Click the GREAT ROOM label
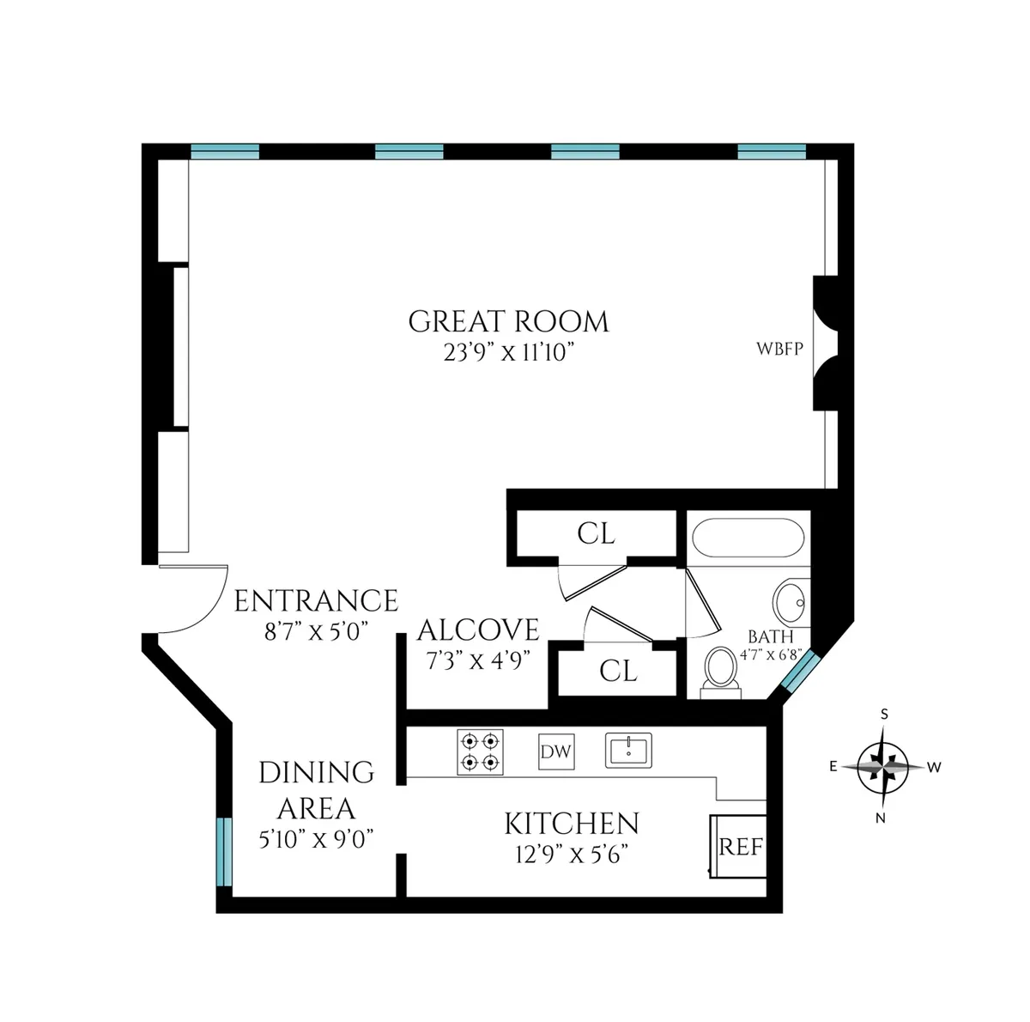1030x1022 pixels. (x=508, y=322)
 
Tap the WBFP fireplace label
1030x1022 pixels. (x=779, y=350)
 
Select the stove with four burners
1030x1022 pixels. (x=480, y=752)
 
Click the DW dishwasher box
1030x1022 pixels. (x=555, y=752)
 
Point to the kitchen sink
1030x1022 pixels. (x=628, y=750)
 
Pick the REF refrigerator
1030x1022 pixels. (x=739, y=846)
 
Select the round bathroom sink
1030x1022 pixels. (x=791, y=602)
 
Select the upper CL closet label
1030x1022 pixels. (x=596, y=533)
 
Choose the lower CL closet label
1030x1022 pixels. (x=618, y=671)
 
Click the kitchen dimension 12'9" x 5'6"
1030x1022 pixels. (x=572, y=855)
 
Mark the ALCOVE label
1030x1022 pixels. (x=478, y=630)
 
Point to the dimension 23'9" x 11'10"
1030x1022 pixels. (x=508, y=353)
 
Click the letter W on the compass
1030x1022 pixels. (x=935, y=766)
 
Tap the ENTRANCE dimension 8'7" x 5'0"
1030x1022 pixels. (x=316, y=632)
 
